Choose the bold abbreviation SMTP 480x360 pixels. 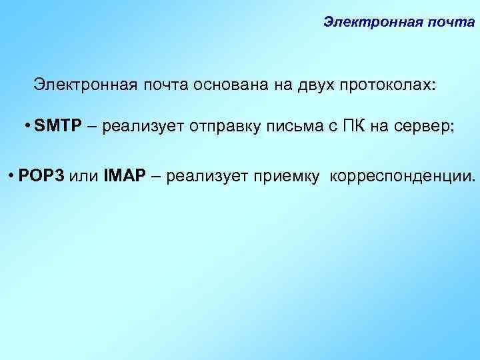57,128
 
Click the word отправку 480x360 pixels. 223,128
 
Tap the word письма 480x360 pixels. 290,128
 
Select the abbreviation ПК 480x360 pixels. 355,128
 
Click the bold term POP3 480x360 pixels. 41,176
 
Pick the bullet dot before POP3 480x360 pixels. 12,176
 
